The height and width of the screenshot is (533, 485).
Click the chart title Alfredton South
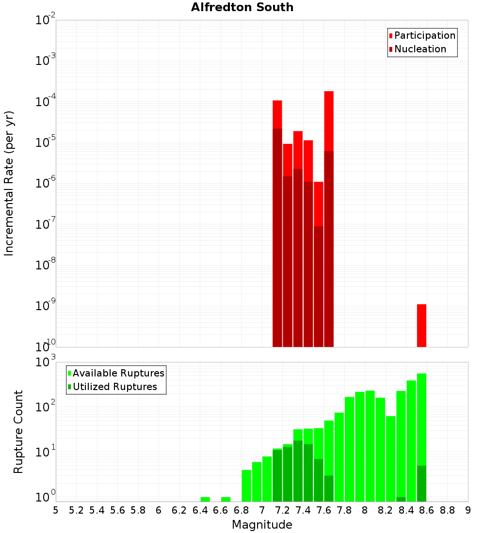(242, 7)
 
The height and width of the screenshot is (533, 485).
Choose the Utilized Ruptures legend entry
(114, 387)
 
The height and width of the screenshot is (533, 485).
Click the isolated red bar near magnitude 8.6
(421, 325)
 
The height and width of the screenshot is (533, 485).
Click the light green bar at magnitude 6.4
(205, 499)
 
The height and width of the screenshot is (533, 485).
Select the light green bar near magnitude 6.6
(226, 499)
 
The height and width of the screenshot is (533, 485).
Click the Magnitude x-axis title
(262, 525)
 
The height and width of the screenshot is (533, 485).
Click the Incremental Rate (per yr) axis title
(9, 183)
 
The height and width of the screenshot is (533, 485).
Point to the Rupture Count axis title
(18, 431)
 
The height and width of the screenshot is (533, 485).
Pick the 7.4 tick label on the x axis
(303, 510)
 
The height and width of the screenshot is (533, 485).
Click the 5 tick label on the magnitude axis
(56, 510)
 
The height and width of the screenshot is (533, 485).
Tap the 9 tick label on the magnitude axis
(468, 510)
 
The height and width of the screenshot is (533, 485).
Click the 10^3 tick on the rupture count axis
(47, 362)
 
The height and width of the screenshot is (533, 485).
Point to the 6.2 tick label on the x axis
(179, 510)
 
